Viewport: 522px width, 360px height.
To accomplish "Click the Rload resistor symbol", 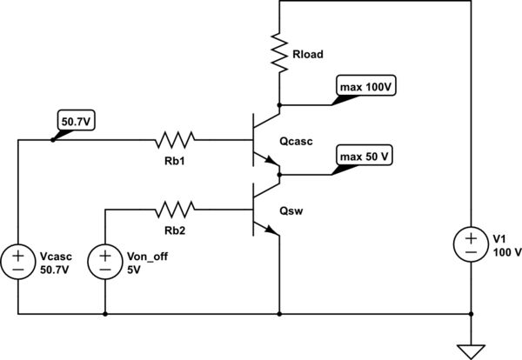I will click(279, 52).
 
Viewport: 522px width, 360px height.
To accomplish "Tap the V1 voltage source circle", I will click(471, 243).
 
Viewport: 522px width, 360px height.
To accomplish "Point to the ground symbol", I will click(471, 350).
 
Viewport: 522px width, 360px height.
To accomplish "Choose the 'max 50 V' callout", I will click(363, 157).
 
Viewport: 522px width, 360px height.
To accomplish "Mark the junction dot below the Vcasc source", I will click(17, 313).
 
